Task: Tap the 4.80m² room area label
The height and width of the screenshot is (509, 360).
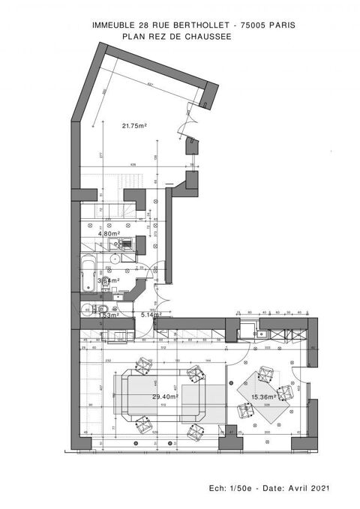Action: [109, 233]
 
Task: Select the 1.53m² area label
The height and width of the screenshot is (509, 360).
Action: [109, 315]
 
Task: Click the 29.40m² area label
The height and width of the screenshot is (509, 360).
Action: [165, 397]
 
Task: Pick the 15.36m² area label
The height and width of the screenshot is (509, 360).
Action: [262, 397]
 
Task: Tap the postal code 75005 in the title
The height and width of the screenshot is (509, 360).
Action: [251, 25]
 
